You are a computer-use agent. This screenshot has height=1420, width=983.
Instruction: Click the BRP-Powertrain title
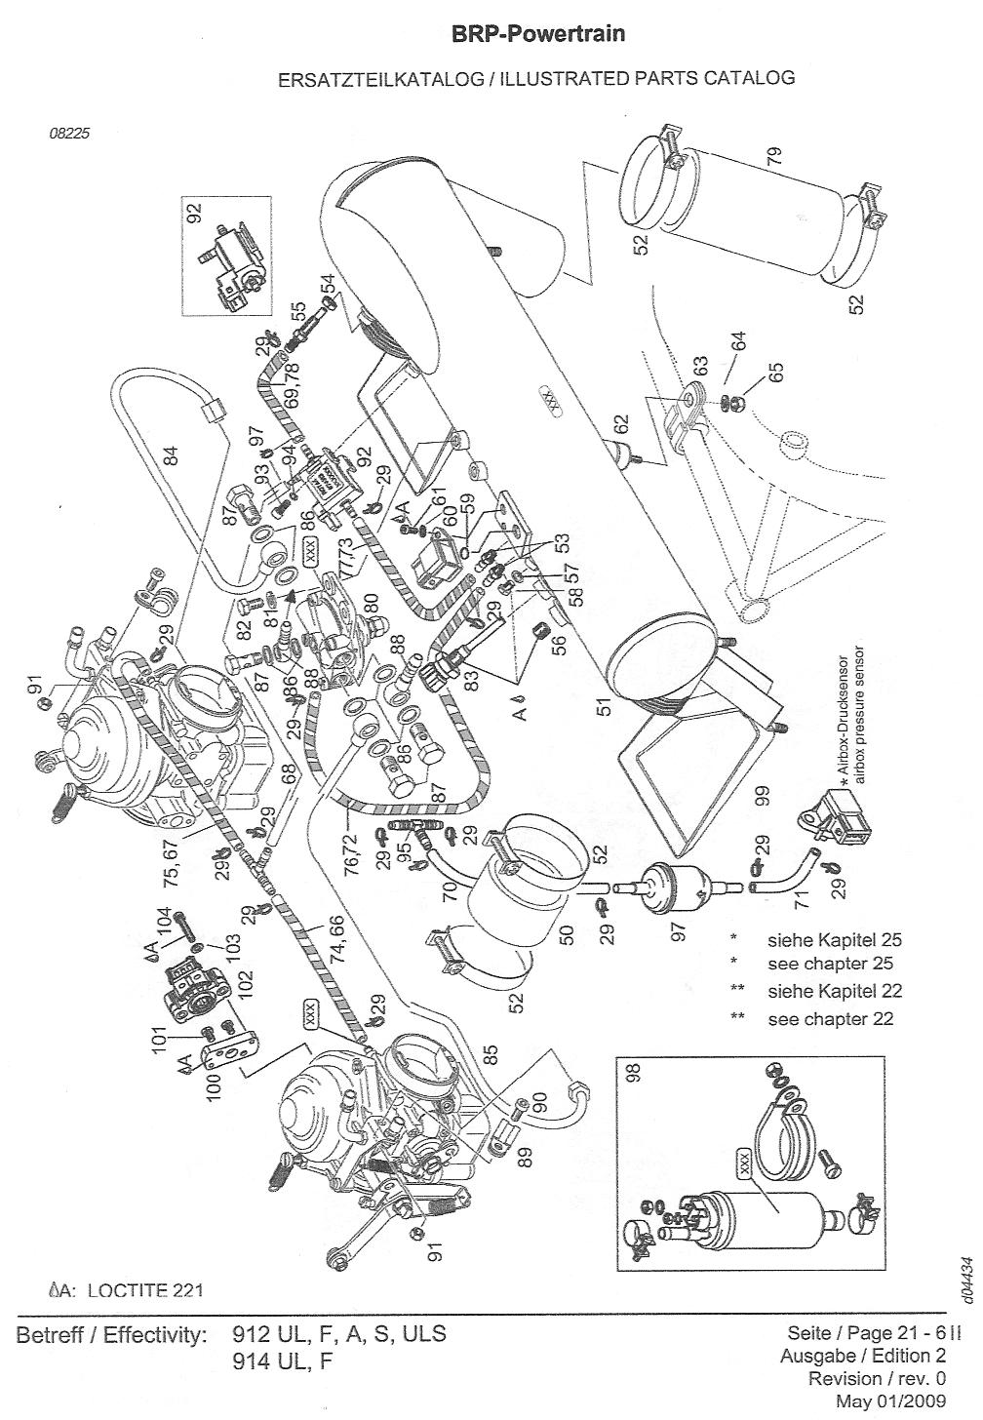tap(537, 35)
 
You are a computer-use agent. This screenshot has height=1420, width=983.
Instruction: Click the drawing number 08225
tap(69, 135)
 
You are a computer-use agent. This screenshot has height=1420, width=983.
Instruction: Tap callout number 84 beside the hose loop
tap(172, 454)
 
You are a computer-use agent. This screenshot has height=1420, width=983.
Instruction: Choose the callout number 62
tap(621, 426)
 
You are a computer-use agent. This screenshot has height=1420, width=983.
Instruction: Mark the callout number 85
tap(491, 1055)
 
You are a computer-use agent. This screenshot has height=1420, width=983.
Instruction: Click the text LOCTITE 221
tap(144, 1290)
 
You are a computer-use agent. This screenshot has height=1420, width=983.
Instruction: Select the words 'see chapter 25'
tap(831, 965)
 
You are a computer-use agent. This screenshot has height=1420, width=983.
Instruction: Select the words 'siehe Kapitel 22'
tap(835, 992)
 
